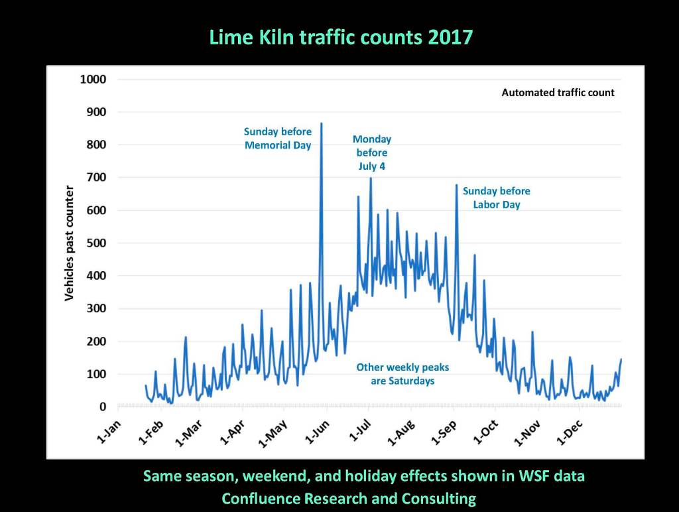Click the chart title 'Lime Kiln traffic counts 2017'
[341, 36]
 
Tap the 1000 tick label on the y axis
[93, 80]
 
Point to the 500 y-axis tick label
[97, 243]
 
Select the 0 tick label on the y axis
[103, 407]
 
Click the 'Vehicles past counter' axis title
[69, 243]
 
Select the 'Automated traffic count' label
[558, 93]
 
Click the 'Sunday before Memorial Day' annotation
[278, 139]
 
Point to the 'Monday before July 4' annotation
[372, 153]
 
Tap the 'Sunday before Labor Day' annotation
[497, 198]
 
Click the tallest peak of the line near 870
[322, 123]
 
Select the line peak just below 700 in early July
[371, 178]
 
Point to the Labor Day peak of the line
[456, 185]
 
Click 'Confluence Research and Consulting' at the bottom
[349, 499]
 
